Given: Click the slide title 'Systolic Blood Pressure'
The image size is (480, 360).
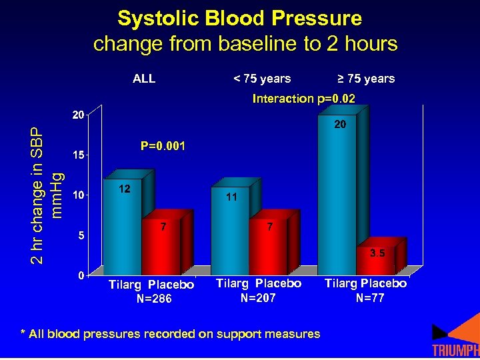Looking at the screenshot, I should pos(239,18).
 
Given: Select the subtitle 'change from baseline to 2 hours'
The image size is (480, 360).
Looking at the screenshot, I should pos(245,44).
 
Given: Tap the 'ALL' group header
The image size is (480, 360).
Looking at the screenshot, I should pos(144,79).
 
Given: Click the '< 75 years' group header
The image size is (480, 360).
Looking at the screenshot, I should pos(261,79).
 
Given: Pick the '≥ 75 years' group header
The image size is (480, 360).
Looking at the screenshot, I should pos(366,79).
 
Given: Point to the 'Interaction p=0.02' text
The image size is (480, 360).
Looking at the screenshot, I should pos(303,99).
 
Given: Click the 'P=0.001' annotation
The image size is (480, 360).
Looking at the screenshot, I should pos(163,145).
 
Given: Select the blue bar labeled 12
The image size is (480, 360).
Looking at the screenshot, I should pos(122,227).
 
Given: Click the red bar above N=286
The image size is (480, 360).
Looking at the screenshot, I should pos(161,247).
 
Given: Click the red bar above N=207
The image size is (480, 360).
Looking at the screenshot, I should pos(269,247).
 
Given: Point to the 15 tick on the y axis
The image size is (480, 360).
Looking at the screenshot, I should pos(77,155).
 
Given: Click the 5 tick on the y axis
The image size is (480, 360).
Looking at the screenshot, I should pos(81,235).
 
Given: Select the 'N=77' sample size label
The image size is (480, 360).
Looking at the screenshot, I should pos(369,298).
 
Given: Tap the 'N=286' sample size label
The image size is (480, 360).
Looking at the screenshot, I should pos(154,299).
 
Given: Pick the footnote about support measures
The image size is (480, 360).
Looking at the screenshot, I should pos(170,334).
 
